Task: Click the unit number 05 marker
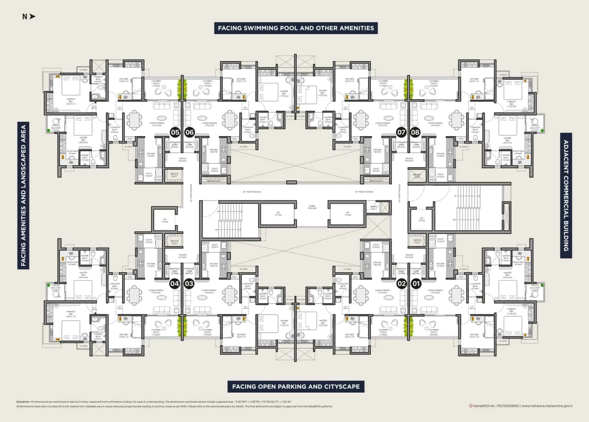tap(175, 132)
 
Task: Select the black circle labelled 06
tap(190, 132)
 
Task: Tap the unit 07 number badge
tap(401, 132)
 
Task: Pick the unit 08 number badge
tap(416, 132)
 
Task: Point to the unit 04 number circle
tap(175, 284)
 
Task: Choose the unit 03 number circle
tap(189, 284)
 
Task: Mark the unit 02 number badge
tap(401, 284)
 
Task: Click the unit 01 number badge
tap(416, 284)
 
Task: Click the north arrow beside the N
tap(33, 17)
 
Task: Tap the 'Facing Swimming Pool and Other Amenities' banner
tap(296, 28)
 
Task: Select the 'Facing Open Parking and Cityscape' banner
tap(296, 387)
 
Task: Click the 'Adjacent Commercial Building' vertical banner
tap(566, 195)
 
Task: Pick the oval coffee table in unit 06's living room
tap(202, 118)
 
